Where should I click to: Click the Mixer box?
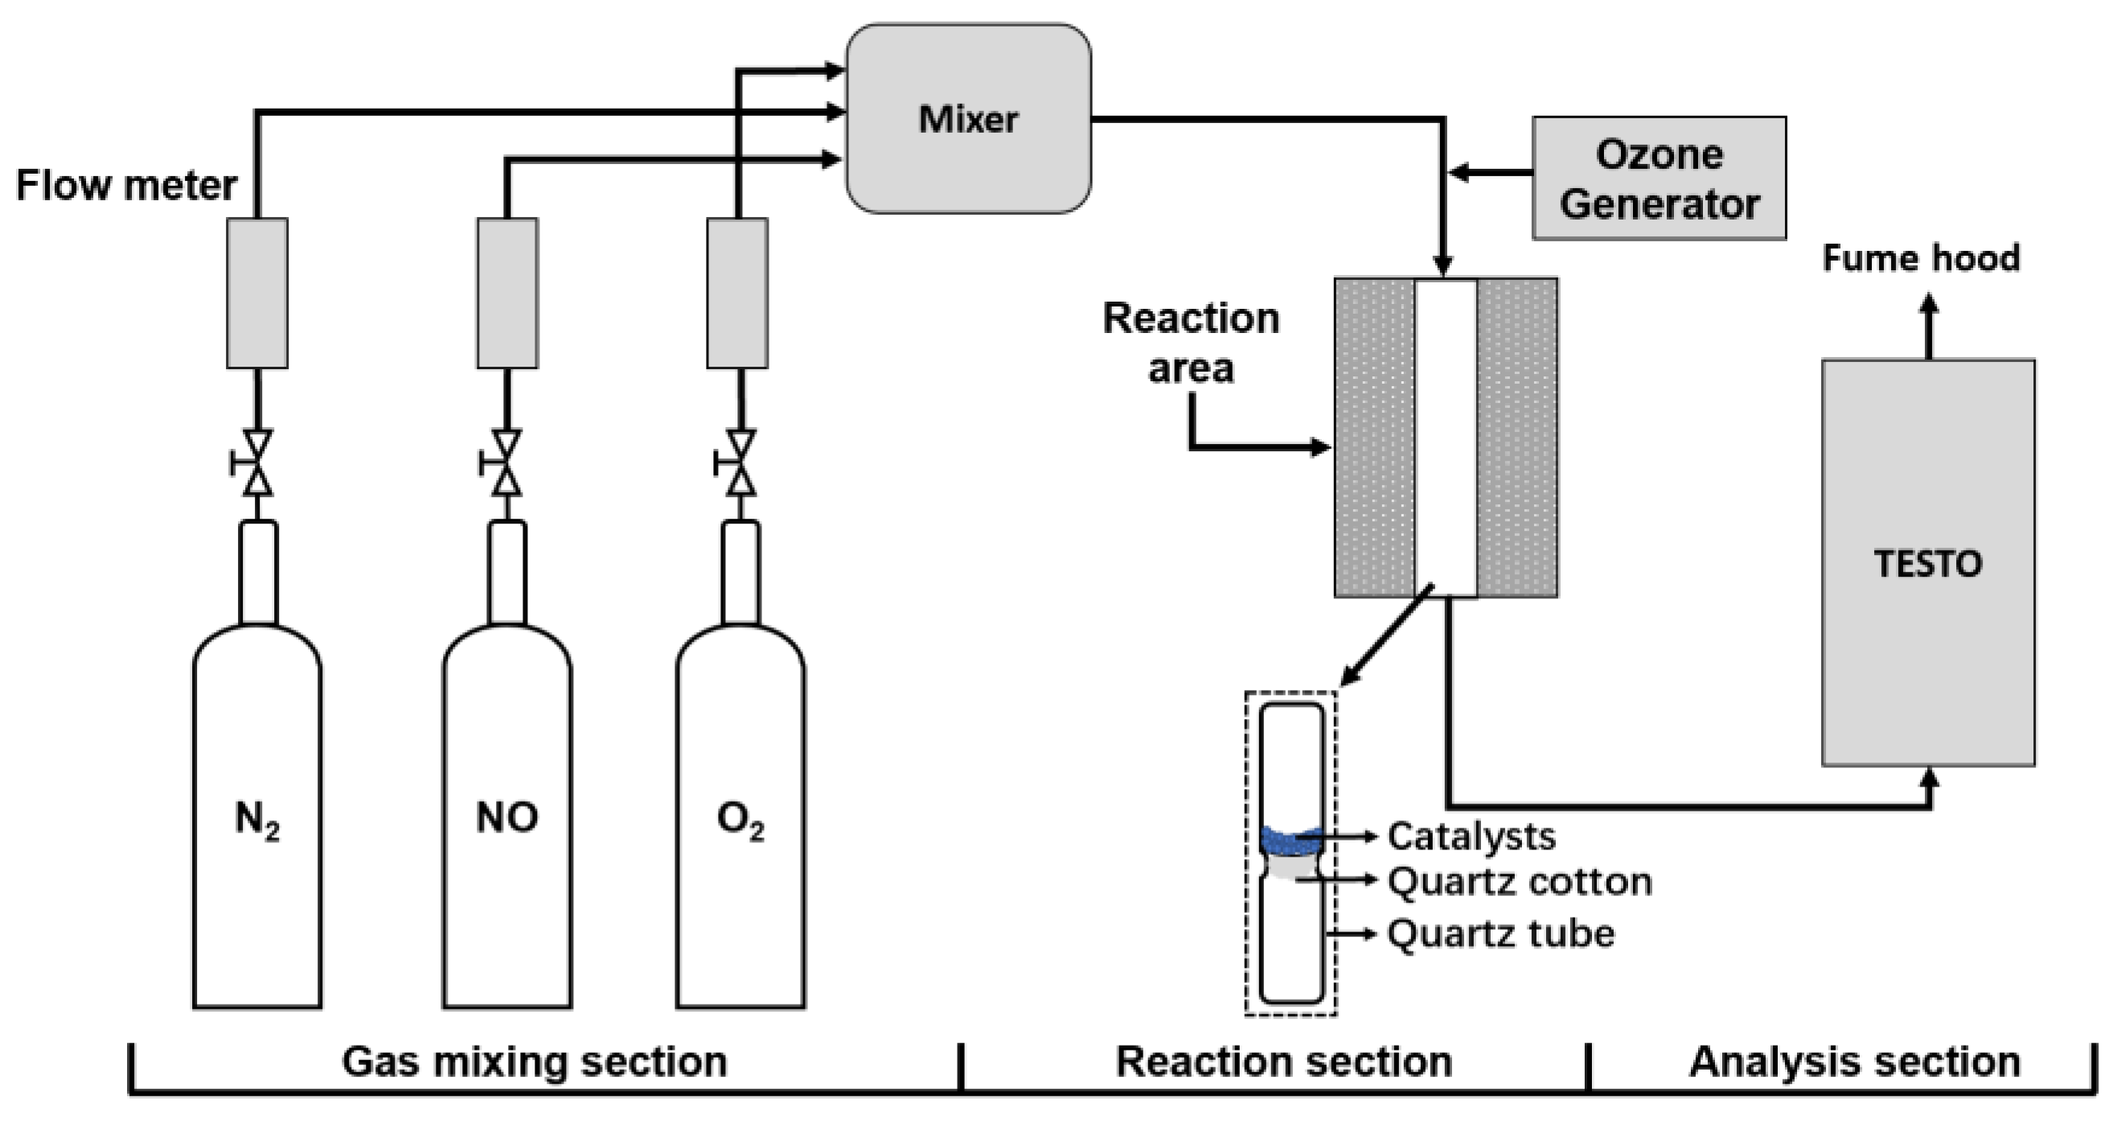[968, 118]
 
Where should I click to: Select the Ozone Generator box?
[1658, 178]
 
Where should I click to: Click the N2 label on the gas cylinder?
[257, 820]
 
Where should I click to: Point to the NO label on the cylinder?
[507, 817]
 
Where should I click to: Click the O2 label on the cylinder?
[741, 820]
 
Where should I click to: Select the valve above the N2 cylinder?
[258, 463]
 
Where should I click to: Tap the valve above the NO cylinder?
[507, 463]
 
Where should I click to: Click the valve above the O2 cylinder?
[741, 463]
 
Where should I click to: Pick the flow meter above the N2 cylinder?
[257, 293]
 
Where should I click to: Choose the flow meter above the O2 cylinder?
[737, 293]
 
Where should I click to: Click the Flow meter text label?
[126, 184]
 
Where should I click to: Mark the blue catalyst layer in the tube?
[1290, 841]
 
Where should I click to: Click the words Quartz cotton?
[1519, 881]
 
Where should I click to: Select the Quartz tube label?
[1500, 933]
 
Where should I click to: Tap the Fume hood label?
[1921, 258]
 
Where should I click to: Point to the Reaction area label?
[1191, 343]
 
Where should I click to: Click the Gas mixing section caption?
[535, 1062]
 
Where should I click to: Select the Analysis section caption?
[1854, 1062]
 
